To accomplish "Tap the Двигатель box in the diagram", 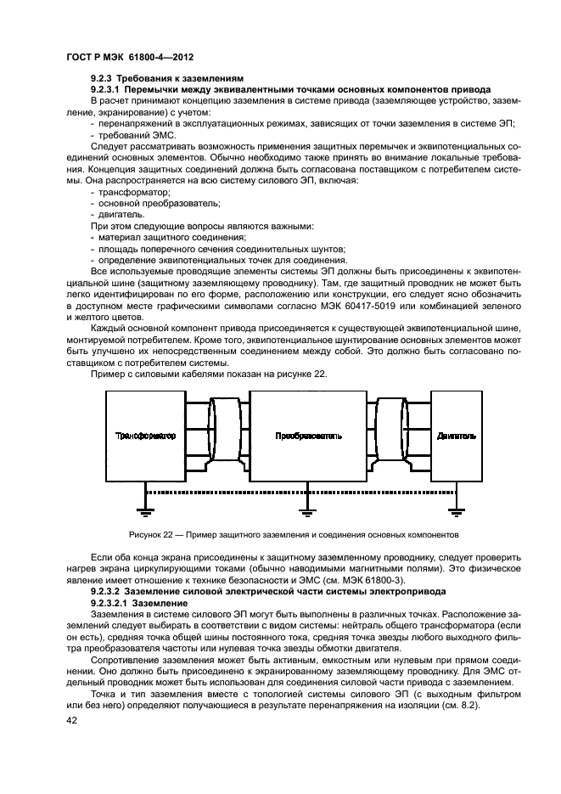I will (x=456, y=436).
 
